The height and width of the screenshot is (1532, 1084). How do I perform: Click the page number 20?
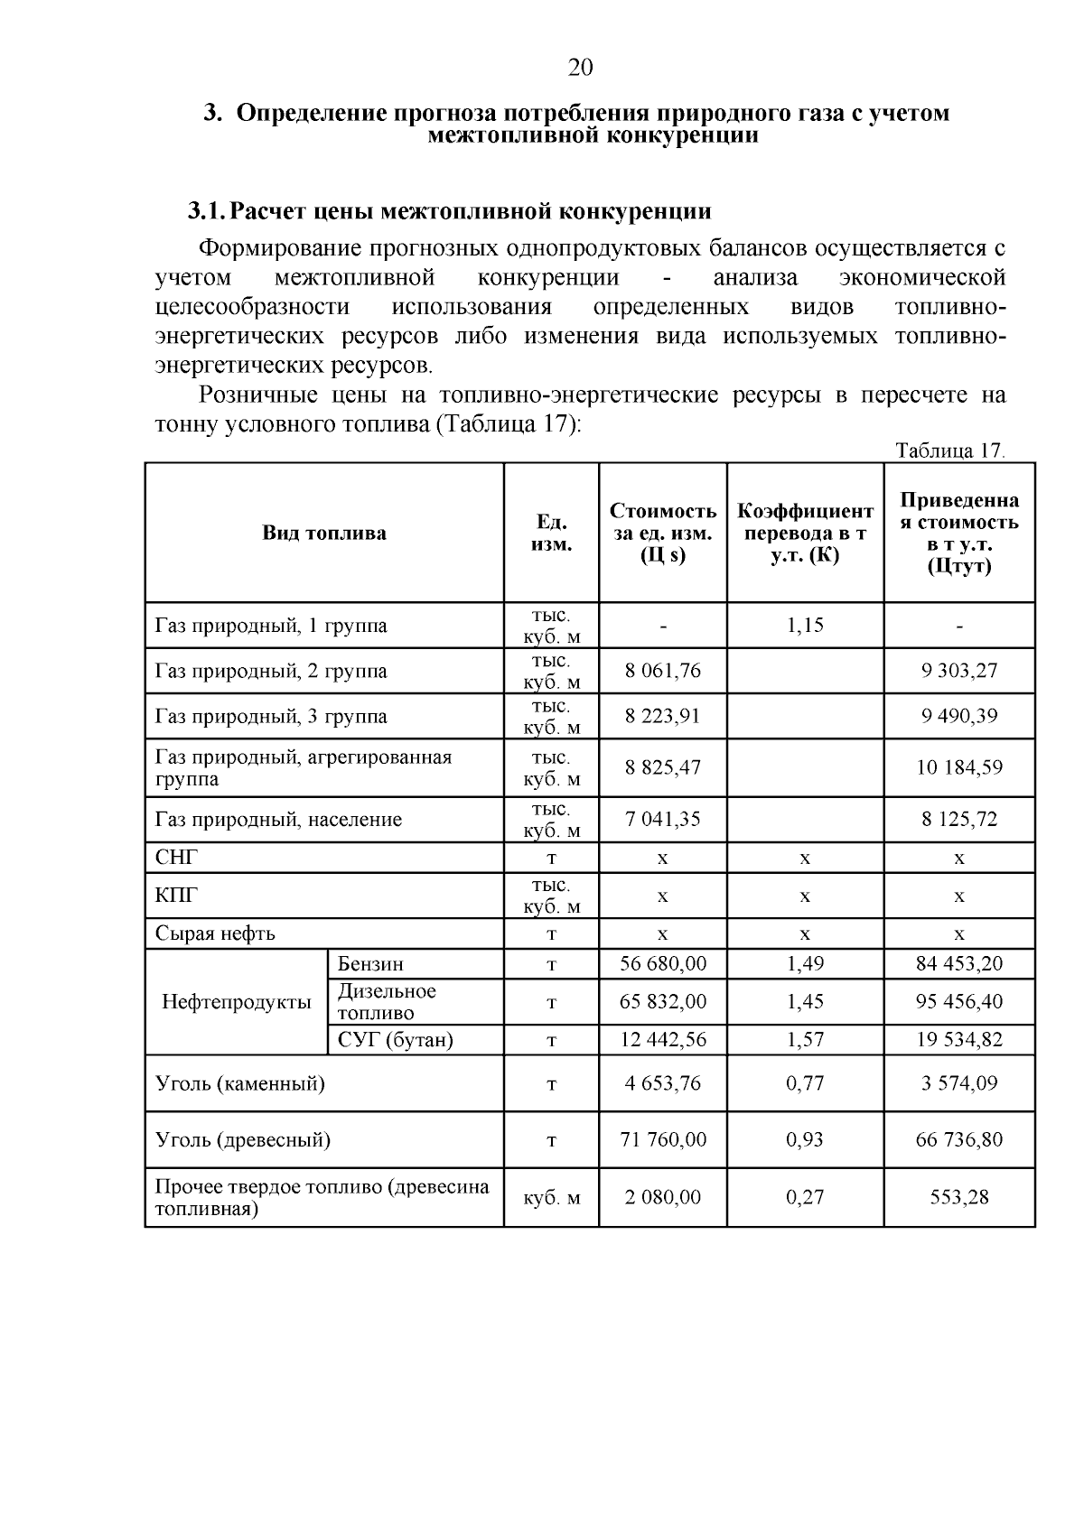(x=580, y=68)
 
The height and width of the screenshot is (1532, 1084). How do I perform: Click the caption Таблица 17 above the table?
(x=949, y=450)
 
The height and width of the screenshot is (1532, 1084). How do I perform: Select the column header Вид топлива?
(x=324, y=533)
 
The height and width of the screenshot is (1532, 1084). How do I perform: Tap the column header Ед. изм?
(x=551, y=534)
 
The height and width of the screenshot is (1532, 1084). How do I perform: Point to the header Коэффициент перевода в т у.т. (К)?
(x=805, y=534)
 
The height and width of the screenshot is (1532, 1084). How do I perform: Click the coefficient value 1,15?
(x=805, y=626)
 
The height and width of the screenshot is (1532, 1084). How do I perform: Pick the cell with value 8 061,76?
(x=663, y=671)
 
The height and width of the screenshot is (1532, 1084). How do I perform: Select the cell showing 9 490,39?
(x=959, y=716)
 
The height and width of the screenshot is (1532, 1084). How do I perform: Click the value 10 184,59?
(x=959, y=767)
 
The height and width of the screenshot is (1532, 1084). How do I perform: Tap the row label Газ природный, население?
(x=278, y=820)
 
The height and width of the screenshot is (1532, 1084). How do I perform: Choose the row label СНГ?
(x=176, y=858)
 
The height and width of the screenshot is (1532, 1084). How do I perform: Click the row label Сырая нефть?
(x=215, y=933)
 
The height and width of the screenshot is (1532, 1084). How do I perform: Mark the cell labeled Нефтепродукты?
(x=237, y=1001)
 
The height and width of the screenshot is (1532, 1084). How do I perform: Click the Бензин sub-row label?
(x=370, y=964)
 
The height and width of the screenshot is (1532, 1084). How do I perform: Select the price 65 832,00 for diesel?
(x=663, y=1001)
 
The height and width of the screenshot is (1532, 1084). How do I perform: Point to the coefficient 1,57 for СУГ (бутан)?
(x=805, y=1040)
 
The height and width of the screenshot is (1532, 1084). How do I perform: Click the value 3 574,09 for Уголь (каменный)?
(x=959, y=1083)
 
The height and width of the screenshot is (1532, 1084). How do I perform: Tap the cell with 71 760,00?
(x=663, y=1139)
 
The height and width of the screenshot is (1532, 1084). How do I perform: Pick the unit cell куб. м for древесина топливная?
(x=551, y=1198)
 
